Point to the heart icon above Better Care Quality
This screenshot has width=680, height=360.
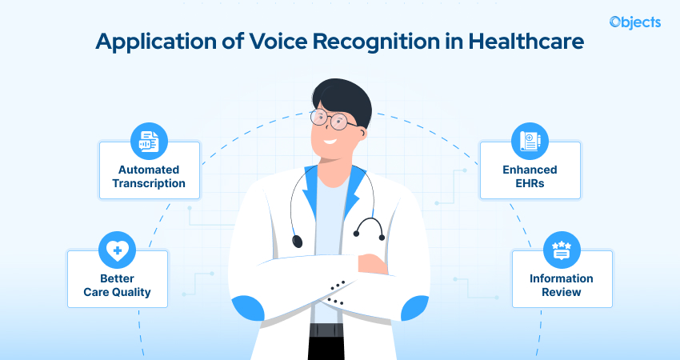click(118, 251)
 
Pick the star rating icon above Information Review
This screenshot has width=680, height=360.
click(562, 251)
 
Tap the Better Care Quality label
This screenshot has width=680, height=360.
click(118, 285)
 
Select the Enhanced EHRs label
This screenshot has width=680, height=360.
click(530, 176)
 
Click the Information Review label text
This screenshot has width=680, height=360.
click(562, 285)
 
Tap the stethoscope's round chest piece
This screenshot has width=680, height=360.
click(298, 240)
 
